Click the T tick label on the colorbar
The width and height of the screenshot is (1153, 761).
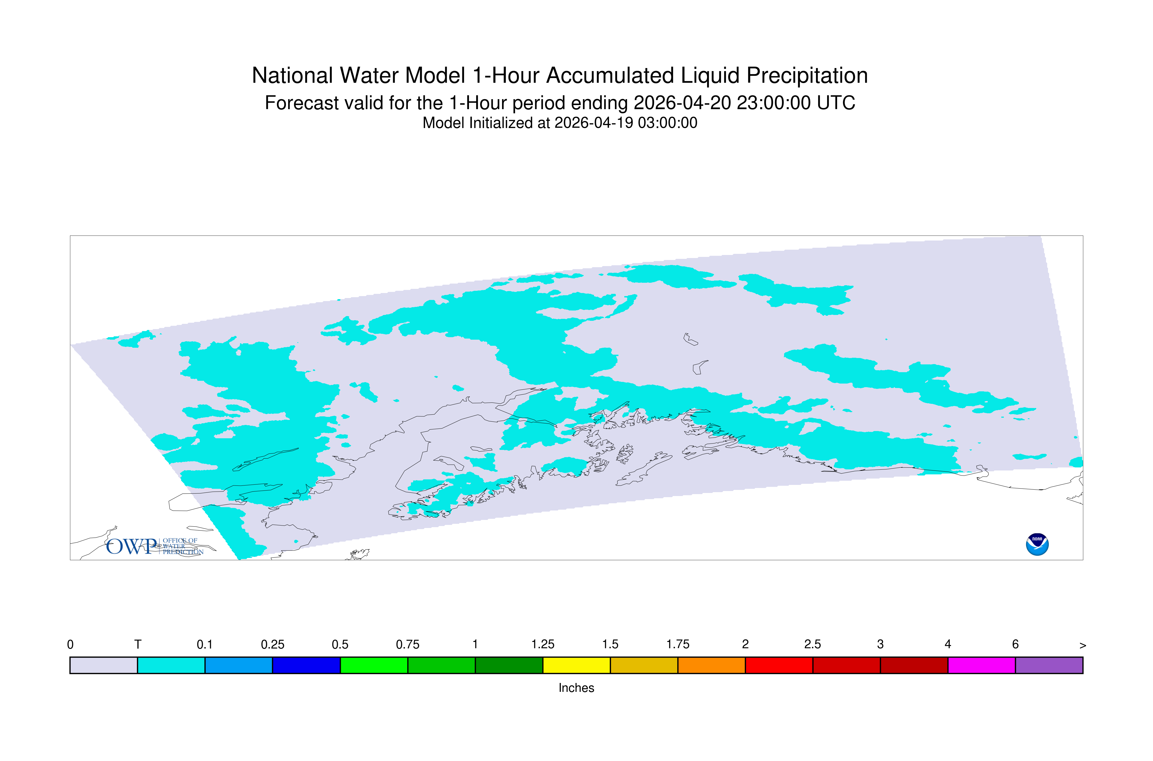(x=138, y=645)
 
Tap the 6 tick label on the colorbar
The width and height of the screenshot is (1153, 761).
(x=1015, y=645)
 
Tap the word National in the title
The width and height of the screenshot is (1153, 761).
(x=293, y=76)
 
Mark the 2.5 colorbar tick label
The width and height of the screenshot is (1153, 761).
(x=813, y=645)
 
